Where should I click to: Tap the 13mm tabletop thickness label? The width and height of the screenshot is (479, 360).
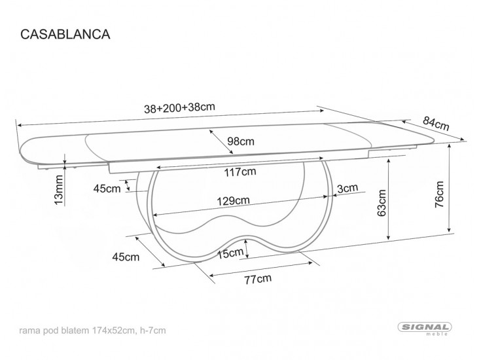58,190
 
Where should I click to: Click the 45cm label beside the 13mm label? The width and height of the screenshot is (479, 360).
107,189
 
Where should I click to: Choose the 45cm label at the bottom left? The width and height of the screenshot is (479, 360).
126,257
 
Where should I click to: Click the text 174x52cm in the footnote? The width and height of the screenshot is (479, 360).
122,330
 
